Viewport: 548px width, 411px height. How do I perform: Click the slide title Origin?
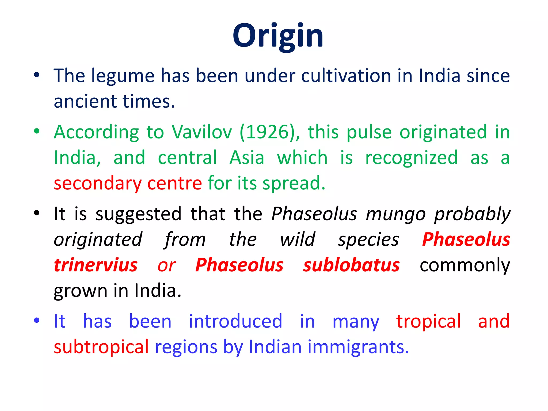pos(278,36)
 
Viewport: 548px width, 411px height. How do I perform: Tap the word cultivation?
pos(346,76)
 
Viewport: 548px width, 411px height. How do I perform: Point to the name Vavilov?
pos(202,132)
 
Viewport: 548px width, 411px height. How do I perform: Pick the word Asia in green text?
pos(247,158)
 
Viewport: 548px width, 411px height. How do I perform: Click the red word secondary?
pos(98,184)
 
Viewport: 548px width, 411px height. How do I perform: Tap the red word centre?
pos(174,183)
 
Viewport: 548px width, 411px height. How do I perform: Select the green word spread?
pos(294,184)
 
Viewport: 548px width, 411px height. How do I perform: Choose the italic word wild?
pos(298,239)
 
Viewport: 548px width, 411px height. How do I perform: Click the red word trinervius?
pos(96,265)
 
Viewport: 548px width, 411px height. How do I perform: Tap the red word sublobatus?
pos(351,265)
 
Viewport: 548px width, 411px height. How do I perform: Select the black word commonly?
pos(465,266)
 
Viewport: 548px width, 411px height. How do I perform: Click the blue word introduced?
pos(235,321)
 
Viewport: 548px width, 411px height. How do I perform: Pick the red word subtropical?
pos(101,347)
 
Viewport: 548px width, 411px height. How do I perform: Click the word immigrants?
pos(358,347)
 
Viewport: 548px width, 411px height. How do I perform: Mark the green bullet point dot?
pos(37,131)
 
